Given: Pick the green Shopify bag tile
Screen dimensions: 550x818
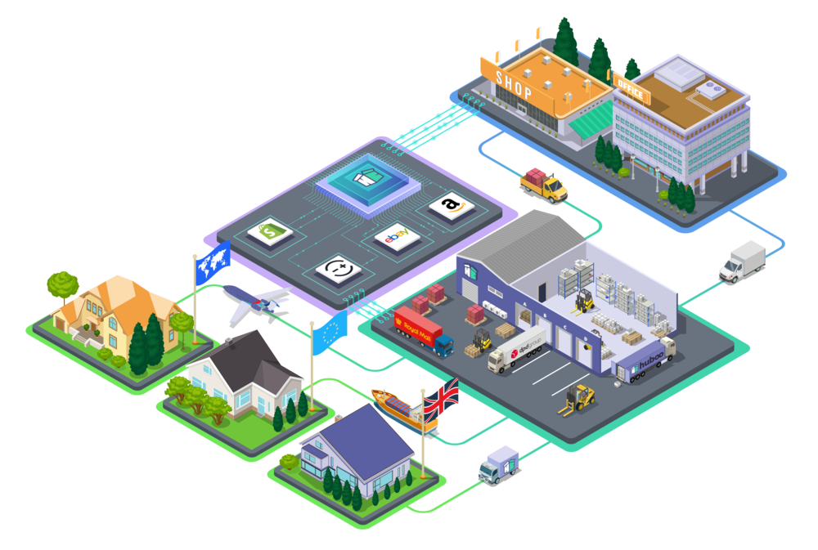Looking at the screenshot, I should pyautogui.click(x=271, y=233).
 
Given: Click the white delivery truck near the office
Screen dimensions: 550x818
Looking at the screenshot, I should pyautogui.click(x=743, y=260).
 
